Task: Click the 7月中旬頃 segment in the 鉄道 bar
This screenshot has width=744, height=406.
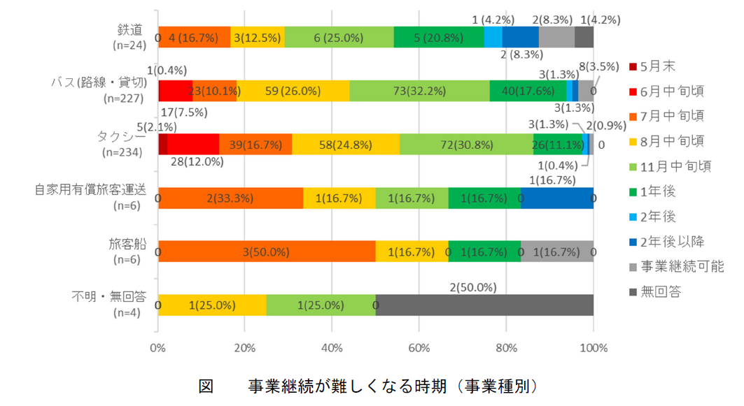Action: pos(195,37)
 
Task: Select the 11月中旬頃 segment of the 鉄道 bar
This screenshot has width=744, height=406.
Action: pos(339,37)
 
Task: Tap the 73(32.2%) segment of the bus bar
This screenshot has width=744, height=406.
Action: pos(419,91)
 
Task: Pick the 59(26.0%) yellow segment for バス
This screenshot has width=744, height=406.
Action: pos(293,91)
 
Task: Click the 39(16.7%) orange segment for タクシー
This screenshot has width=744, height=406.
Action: pos(255,144)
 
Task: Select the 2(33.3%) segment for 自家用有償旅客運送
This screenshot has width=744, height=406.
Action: pos(231,198)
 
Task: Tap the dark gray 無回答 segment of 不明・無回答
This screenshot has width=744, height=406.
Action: pos(484,305)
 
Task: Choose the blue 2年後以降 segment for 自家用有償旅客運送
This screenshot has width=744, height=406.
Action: pos(557,198)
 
